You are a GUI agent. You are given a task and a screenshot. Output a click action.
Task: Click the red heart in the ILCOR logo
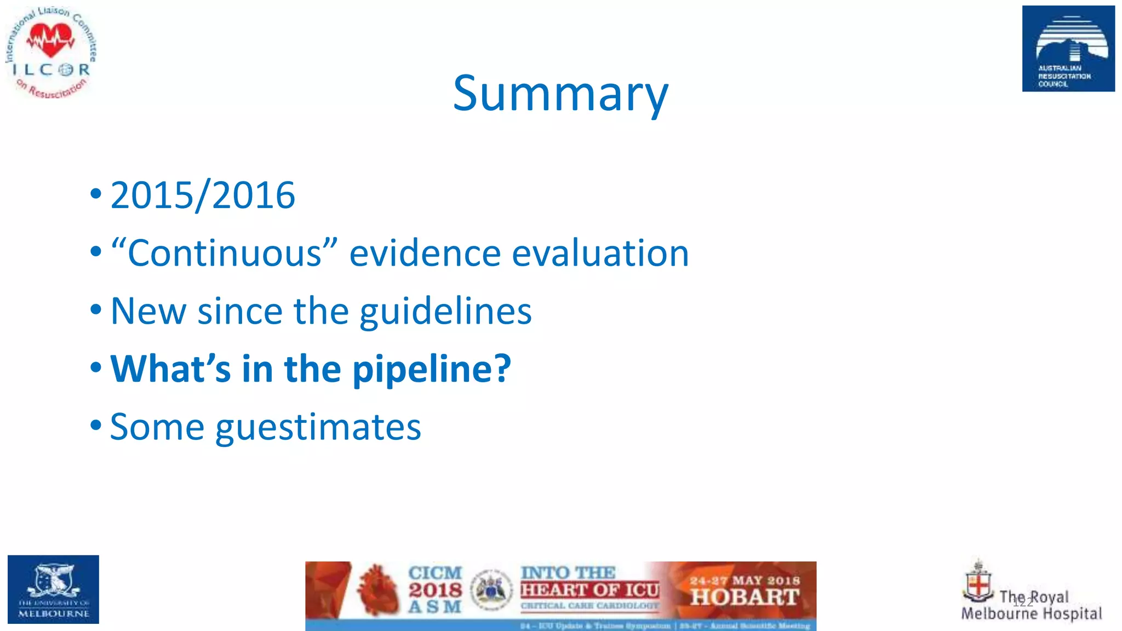point(51,41)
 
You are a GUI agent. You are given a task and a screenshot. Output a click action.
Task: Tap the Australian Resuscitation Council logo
point(1068,49)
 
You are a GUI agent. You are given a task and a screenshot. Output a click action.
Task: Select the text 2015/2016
point(203,196)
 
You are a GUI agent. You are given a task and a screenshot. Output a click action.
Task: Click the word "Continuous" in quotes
point(224,254)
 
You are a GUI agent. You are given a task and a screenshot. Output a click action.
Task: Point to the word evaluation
point(600,254)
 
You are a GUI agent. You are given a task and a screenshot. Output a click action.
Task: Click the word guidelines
point(445,311)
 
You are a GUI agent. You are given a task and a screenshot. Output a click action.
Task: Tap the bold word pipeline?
point(431,369)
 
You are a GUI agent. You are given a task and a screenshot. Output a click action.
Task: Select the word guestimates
point(318,427)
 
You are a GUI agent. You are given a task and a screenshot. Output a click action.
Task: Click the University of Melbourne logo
point(53,589)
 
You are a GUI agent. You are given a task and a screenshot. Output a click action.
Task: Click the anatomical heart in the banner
point(377,590)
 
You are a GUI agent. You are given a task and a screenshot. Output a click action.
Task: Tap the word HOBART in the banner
point(744,598)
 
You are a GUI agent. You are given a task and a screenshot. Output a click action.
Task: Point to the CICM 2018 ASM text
point(435,590)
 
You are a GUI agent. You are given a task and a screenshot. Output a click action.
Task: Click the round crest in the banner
point(491,590)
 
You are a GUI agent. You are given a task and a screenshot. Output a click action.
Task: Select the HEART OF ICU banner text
point(589,590)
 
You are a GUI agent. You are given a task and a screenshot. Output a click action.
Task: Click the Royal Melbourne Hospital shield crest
point(978,584)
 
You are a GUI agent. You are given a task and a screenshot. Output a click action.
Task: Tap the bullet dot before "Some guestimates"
point(96,425)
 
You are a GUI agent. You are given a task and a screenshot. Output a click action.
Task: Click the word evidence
point(425,254)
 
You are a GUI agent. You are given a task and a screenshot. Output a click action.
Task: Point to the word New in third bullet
point(148,311)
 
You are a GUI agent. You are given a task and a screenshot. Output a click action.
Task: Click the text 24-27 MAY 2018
point(745,580)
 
